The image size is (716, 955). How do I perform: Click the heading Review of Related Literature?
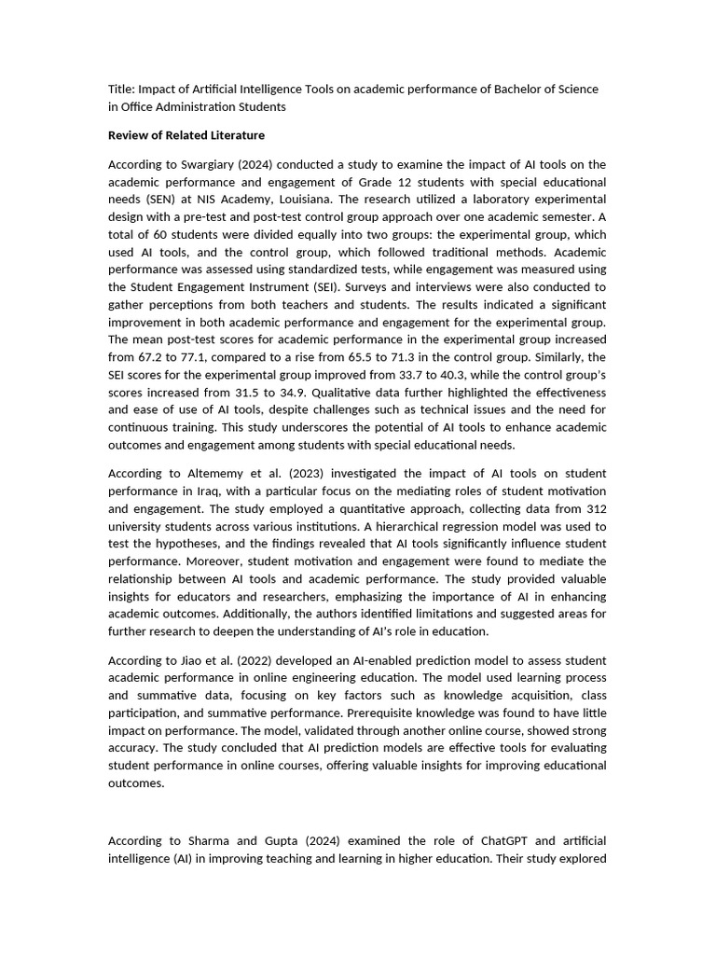coord(186,135)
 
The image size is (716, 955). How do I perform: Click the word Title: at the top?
coord(122,89)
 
